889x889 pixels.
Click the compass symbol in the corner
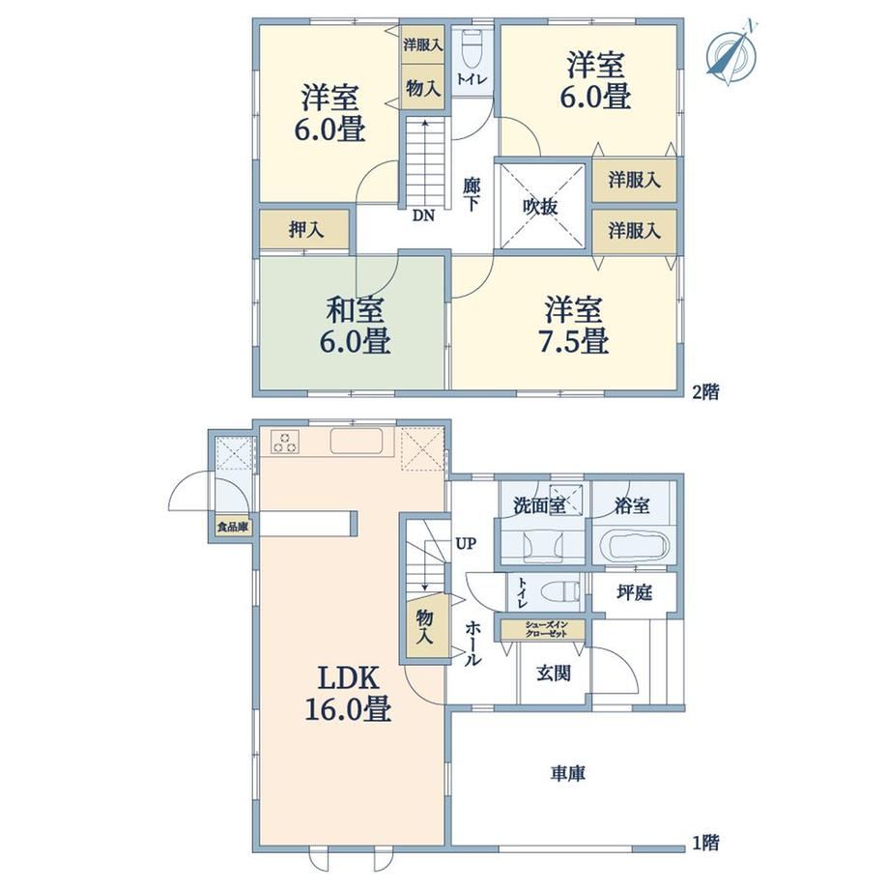pyautogui.click(x=731, y=54)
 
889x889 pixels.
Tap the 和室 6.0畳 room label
pyautogui.click(x=355, y=325)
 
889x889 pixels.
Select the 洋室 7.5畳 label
pyautogui.click(x=574, y=325)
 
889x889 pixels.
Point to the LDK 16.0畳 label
pyautogui.click(x=348, y=693)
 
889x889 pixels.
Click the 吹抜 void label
pyautogui.click(x=540, y=208)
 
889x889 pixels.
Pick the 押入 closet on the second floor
pyautogui.click(x=304, y=229)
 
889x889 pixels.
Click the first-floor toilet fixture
pyautogui.click(x=560, y=593)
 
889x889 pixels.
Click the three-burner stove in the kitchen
pyautogui.click(x=285, y=442)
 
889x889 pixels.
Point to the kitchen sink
pyautogui.click(x=357, y=441)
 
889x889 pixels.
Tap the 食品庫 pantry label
pyautogui.click(x=233, y=527)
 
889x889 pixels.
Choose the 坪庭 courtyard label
pyautogui.click(x=635, y=592)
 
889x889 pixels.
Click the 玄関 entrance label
pyautogui.click(x=554, y=674)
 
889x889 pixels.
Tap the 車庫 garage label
pyautogui.click(x=567, y=773)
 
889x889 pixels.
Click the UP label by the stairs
pyautogui.click(x=466, y=544)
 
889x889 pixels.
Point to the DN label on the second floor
pyautogui.click(x=423, y=215)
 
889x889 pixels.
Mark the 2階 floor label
pyautogui.click(x=705, y=391)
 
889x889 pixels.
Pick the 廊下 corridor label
pyautogui.click(x=472, y=194)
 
